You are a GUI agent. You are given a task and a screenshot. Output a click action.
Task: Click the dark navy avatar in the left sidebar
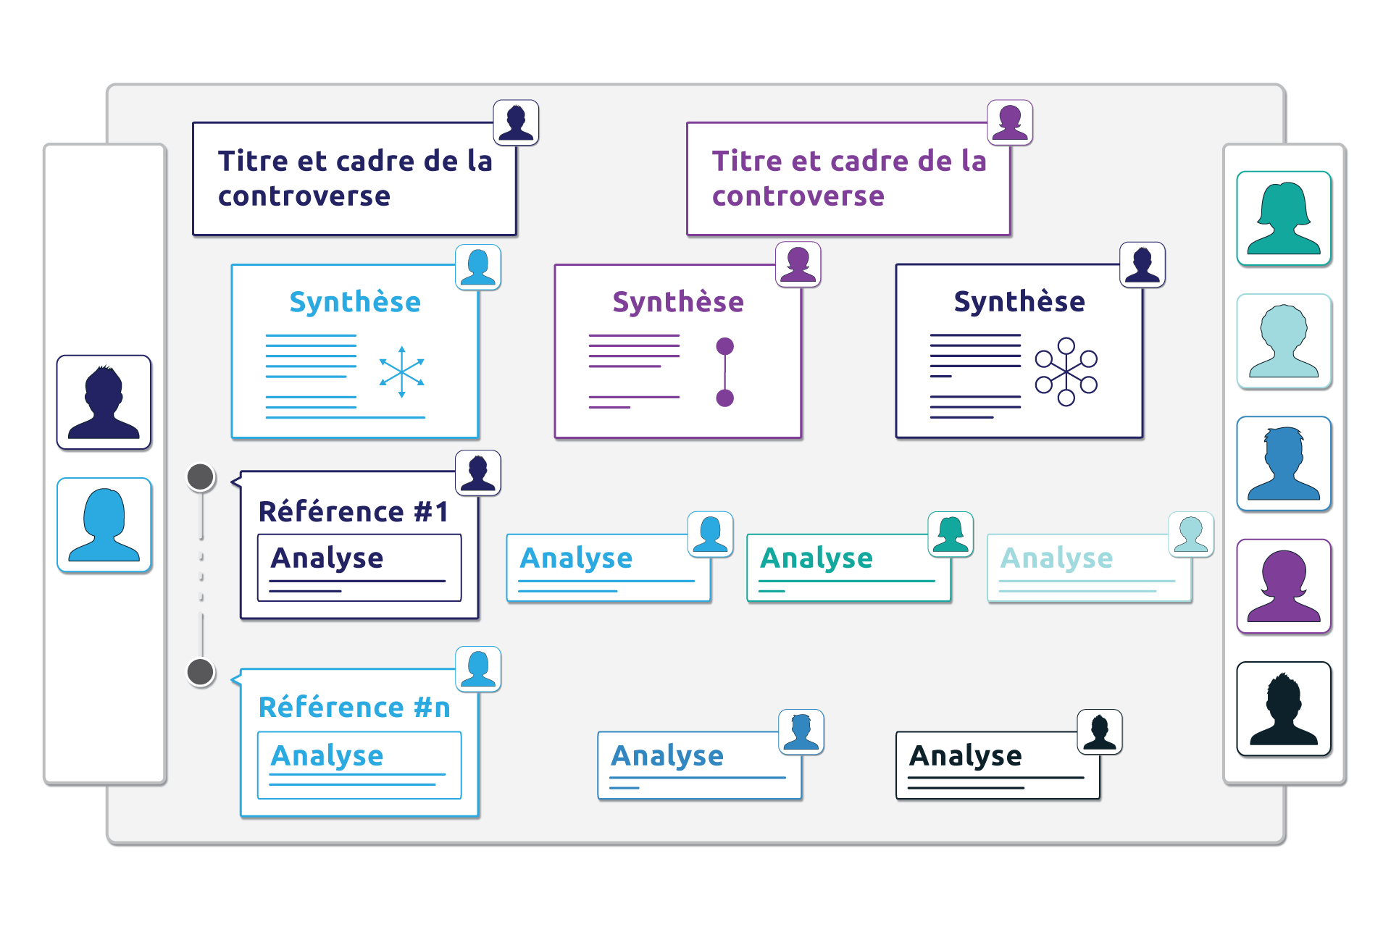(104, 403)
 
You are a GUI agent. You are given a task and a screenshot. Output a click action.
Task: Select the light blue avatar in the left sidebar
(104, 525)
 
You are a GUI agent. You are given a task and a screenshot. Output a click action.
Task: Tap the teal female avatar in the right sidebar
(1284, 219)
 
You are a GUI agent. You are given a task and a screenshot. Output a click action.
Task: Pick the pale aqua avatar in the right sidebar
(1284, 341)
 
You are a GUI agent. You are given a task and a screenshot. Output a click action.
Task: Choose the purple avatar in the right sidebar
(1284, 587)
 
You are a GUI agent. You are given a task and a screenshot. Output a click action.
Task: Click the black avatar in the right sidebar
(1284, 709)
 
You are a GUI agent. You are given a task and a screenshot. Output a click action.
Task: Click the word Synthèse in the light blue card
(355, 302)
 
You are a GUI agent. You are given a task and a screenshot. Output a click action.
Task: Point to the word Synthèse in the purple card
(678, 302)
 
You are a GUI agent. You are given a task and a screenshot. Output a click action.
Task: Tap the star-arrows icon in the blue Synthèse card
(401, 372)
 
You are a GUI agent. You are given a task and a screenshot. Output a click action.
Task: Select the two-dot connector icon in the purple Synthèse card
(724, 372)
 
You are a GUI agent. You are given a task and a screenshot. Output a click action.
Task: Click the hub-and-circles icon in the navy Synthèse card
(1066, 371)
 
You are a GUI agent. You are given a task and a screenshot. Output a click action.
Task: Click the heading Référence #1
(354, 512)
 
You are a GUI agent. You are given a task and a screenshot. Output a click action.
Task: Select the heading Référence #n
(354, 708)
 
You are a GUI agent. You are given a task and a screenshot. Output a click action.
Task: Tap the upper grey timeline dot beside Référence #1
(201, 477)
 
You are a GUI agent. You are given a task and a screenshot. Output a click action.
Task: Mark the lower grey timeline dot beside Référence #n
(201, 672)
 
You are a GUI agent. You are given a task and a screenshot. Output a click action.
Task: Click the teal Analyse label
(816, 558)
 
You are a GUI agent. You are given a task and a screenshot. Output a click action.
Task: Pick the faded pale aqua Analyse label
(1056, 558)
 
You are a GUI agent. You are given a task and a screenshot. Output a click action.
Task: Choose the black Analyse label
(966, 756)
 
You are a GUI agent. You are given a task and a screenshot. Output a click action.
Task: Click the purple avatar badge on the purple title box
(1010, 122)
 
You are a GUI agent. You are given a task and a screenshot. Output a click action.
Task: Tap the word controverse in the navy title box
(304, 196)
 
